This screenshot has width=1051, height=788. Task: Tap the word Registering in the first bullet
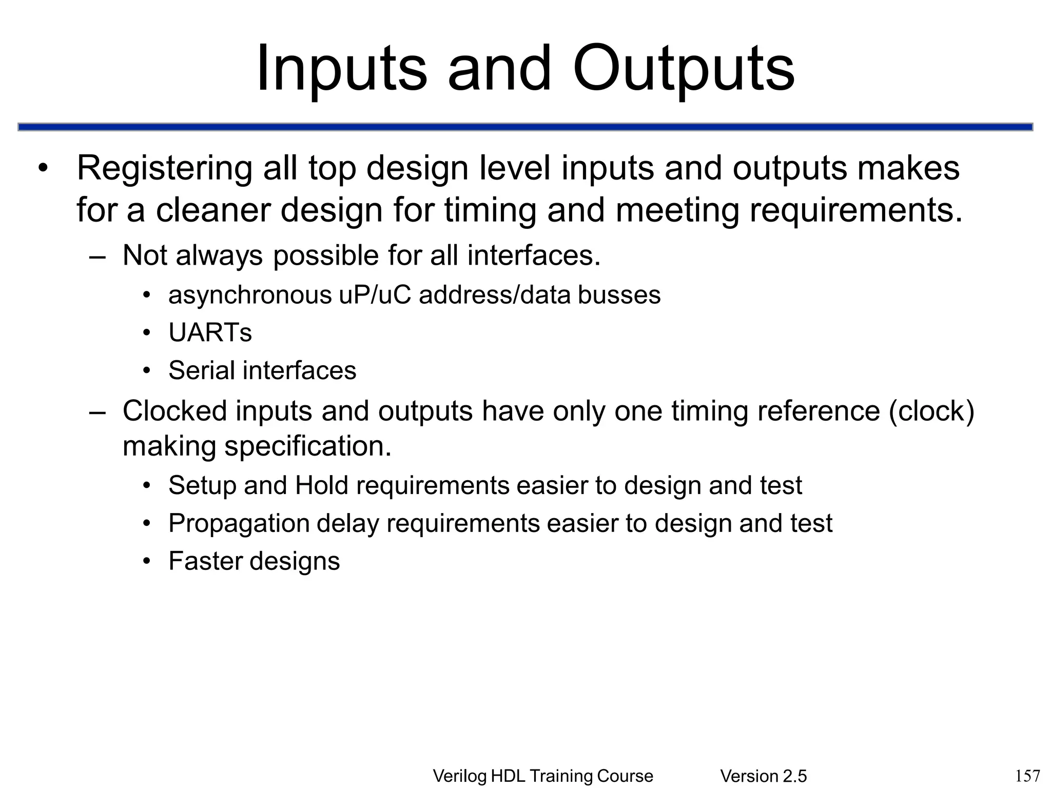[x=164, y=168]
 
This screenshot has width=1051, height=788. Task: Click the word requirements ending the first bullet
[x=855, y=210]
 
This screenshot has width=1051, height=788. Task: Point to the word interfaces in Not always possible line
[x=533, y=255]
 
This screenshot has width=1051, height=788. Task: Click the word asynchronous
[x=250, y=295]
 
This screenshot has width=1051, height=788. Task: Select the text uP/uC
[x=375, y=295]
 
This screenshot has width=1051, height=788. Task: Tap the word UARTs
[x=210, y=332]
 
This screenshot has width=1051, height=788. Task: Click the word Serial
[x=202, y=370]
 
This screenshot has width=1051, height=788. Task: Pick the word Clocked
[x=174, y=411]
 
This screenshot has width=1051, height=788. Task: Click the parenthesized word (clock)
[x=931, y=411]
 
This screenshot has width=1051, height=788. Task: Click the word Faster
[x=205, y=561]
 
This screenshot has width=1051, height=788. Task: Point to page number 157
[x=1028, y=775]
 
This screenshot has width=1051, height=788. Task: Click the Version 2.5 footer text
[x=763, y=776]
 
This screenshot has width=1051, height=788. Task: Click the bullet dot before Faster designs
[x=147, y=561]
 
